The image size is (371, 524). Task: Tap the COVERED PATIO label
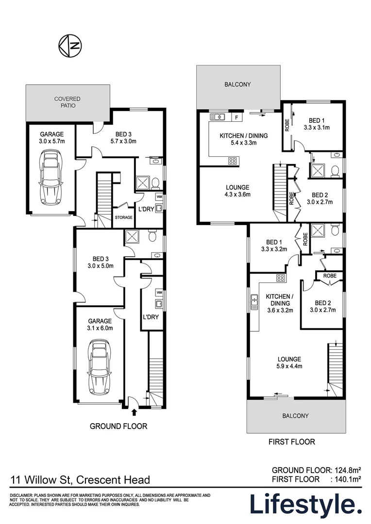point(67,102)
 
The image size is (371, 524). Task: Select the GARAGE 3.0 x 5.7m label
point(51,138)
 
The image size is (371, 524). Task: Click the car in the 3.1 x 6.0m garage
point(99,369)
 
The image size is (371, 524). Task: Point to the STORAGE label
point(123,218)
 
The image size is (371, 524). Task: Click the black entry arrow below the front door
point(134,412)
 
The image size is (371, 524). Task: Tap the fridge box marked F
point(236,117)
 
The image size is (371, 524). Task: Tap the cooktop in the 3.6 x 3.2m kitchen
point(280,278)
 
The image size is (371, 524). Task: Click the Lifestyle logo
point(305,505)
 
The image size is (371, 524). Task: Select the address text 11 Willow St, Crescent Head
point(80,480)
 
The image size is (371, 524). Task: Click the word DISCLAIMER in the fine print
point(21,495)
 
